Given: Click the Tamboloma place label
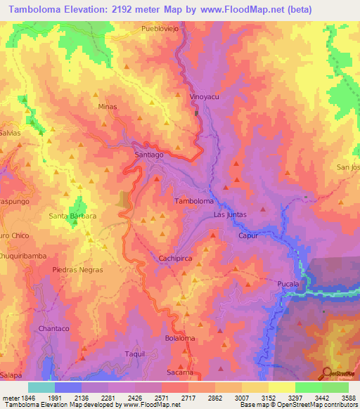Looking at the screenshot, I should tap(193, 201).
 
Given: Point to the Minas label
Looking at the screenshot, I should tap(107, 107).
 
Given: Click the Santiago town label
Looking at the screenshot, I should tap(148, 154).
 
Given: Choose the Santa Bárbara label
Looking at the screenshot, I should tap(72, 216).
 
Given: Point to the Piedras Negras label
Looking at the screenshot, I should tap(77, 270).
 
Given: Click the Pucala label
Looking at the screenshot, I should tap(288, 284).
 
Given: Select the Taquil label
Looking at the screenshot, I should tap(134, 353).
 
